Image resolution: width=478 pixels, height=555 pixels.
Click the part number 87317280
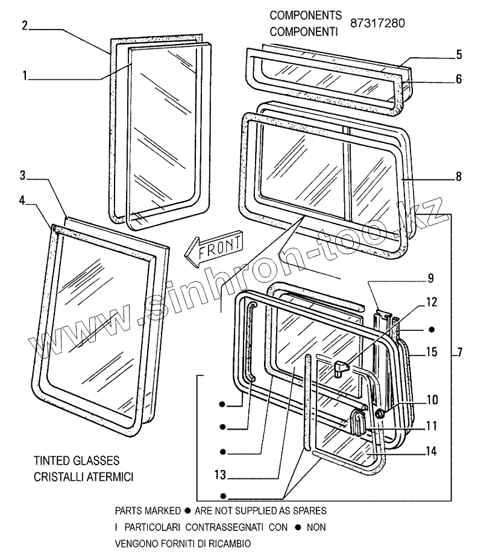tap(377, 24)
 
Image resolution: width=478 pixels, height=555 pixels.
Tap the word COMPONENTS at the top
tap(305, 15)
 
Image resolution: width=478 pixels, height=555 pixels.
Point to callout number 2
tap(25, 25)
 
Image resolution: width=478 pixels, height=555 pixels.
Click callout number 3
tap(22, 175)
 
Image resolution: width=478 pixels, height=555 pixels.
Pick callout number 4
tap(22, 201)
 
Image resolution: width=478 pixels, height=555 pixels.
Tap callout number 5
tap(459, 55)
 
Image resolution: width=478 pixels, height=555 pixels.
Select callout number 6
tap(459, 78)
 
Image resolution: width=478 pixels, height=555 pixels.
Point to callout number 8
tap(459, 177)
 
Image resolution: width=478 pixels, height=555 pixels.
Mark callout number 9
tap(431, 278)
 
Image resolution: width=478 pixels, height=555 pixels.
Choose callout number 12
tap(431, 303)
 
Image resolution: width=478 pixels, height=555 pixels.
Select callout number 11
tap(431, 426)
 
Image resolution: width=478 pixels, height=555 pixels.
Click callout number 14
tap(431, 450)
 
